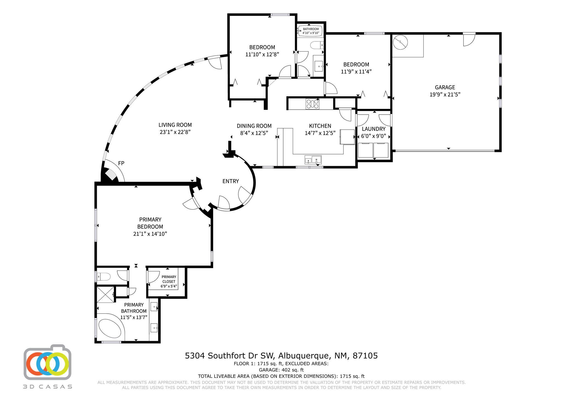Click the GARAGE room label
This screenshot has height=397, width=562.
coord(445,87)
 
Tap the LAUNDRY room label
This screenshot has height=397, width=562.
coord(373,129)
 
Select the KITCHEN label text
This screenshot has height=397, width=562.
coord(320,126)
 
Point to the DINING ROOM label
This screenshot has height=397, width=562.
coord(254,126)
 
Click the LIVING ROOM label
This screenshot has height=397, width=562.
coord(175,125)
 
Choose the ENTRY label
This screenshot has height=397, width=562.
coord(231,181)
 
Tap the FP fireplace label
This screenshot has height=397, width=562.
coord(121,163)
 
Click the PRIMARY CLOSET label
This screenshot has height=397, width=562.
coord(169,279)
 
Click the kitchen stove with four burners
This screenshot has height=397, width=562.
coord(313,104)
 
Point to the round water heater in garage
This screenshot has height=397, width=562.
coord(400,43)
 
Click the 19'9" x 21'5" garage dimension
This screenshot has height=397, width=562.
coord(445,95)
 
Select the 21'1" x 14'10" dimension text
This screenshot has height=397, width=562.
coord(150,234)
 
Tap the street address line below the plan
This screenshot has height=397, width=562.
coord(281,356)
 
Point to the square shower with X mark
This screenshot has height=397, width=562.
coord(105,294)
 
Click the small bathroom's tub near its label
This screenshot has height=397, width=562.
coord(311,31)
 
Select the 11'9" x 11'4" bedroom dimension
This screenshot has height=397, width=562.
coord(356,72)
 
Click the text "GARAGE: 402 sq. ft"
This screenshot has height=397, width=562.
coord(281,370)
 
